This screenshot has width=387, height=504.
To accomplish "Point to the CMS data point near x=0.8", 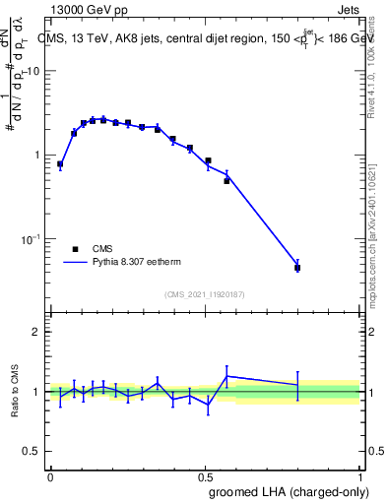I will point(297,267).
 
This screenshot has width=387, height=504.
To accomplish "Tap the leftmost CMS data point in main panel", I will point(60,164).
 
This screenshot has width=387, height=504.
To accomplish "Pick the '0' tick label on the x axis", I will point(50,475).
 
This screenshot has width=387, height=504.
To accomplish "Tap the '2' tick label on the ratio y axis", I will point(36,333).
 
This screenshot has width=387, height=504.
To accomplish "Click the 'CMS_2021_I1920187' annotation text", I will point(205,294).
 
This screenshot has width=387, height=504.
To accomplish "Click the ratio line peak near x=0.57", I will point(227,376).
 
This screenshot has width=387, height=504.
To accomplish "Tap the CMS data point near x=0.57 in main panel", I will point(226,181).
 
